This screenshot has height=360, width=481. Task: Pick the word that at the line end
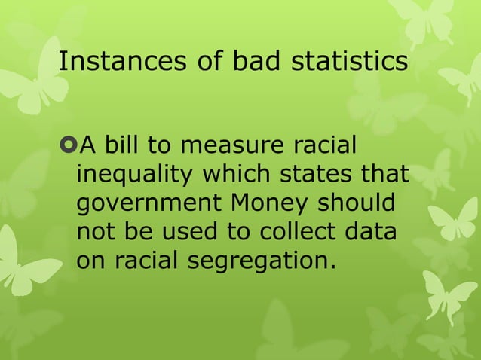(384, 175)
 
